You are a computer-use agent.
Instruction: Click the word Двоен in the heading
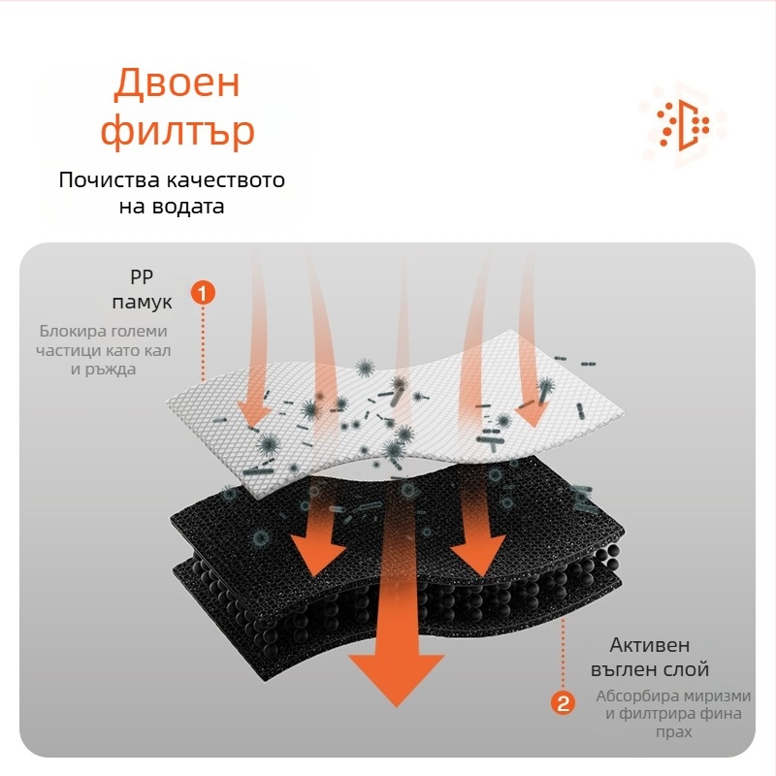click(x=176, y=83)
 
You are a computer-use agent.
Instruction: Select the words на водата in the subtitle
click(x=172, y=207)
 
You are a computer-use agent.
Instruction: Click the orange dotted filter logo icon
click(x=684, y=124)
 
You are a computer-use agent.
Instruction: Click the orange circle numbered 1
click(x=203, y=291)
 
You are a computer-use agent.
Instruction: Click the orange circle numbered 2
click(x=562, y=703)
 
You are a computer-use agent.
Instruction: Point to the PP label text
click(x=142, y=275)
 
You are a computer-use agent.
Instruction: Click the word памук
click(x=142, y=302)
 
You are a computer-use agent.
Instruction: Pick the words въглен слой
click(x=650, y=670)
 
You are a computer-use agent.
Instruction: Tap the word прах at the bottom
click(x=673, y=732)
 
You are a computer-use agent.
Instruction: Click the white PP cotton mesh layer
click(x=223, y=407)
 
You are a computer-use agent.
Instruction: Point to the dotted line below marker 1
click(x=203, y=344)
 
